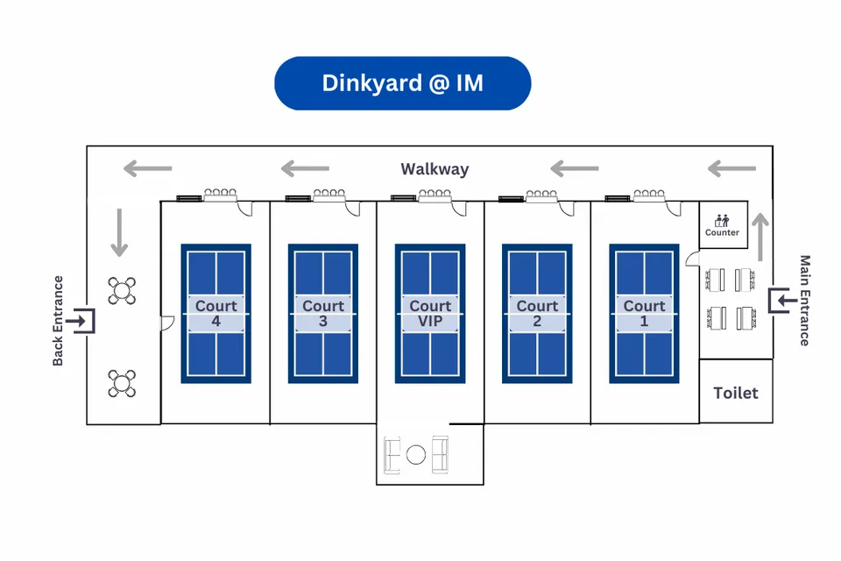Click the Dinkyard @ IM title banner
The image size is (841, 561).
tap(403, 83)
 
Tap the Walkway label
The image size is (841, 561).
tap(435, 169)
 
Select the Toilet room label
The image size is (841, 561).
tap(736, 393)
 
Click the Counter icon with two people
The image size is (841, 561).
tap(723, 220)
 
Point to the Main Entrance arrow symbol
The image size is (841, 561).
tap(779, 301)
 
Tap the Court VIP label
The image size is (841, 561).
tap(430, 314)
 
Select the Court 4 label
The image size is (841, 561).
tap(216, 314)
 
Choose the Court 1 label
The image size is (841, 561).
tap(645, 314)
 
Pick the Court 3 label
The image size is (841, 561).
tap(323, 314)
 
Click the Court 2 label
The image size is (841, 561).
tap(537, 314)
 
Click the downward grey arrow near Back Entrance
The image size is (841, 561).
tap(120, 233)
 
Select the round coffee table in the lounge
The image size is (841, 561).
tap(416, 454)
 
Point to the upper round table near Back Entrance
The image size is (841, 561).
tap(122, 291)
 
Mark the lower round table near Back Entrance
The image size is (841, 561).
tap(122, 383)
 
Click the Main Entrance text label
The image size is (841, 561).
tap(804, 301)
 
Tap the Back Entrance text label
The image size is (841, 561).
tap(59, 321)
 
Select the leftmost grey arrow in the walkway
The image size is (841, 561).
tap(147, 168)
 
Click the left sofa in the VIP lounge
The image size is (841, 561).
tap(393, 453)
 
